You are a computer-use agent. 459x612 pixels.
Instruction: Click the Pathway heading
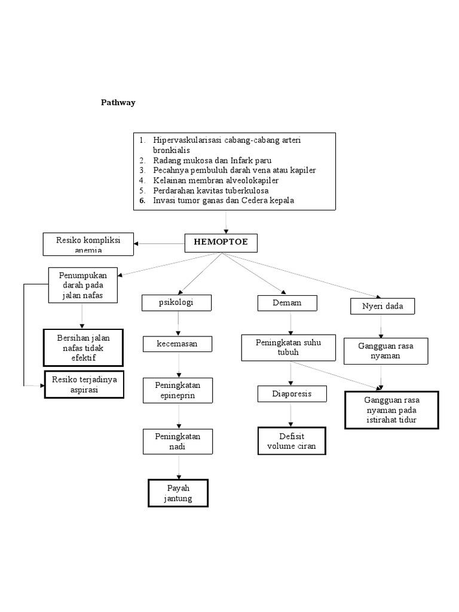[x=118, y=102]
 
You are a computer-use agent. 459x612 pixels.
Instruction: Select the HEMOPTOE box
[x=221, y=242]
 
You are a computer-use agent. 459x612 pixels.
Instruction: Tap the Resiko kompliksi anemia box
[x=88, y=243]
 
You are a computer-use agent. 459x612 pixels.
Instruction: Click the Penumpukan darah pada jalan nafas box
[x=83, y=285]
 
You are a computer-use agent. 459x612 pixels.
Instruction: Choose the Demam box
[x=287, y=304]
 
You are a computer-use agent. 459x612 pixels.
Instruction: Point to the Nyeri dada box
[x=382, y=307]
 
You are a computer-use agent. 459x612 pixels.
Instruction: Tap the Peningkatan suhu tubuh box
[x=289, y=348]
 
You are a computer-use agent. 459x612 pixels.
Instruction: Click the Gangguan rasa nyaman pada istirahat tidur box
[x=391, y=410]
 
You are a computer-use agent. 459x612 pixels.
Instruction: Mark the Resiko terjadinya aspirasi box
[x=84, y=384]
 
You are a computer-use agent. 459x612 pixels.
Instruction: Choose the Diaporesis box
[x=292, y=394]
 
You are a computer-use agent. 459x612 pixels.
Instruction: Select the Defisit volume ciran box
[x=292, y=441]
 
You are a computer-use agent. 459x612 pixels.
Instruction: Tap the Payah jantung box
[x=178, y=493]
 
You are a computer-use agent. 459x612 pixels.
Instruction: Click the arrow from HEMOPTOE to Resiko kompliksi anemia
[x=159, y=243]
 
